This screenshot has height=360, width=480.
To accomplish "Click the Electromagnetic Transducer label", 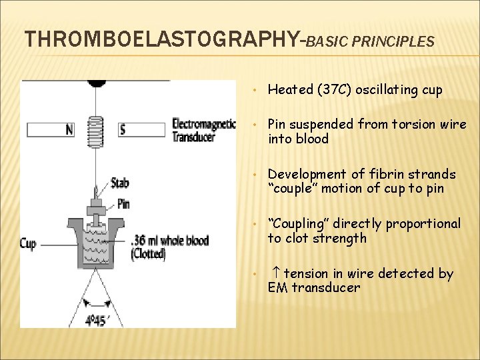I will (203, 130).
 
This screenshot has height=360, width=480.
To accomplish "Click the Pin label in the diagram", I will (123, 203).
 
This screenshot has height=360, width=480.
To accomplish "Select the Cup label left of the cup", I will (28, 244).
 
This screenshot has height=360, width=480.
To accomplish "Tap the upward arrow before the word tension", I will (275, 273).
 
